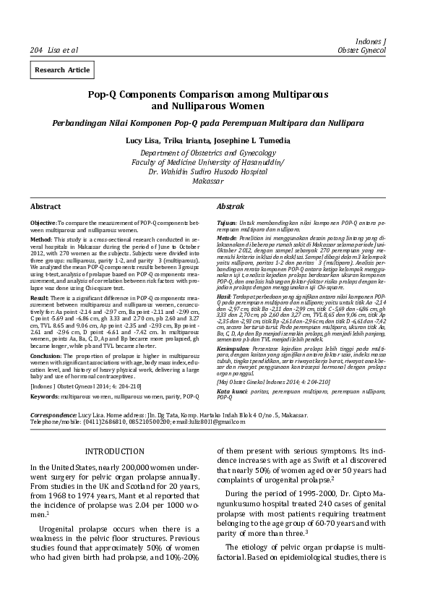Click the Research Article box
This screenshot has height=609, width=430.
61,69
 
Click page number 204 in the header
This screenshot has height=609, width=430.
36,50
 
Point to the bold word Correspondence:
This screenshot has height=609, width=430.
53,416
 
